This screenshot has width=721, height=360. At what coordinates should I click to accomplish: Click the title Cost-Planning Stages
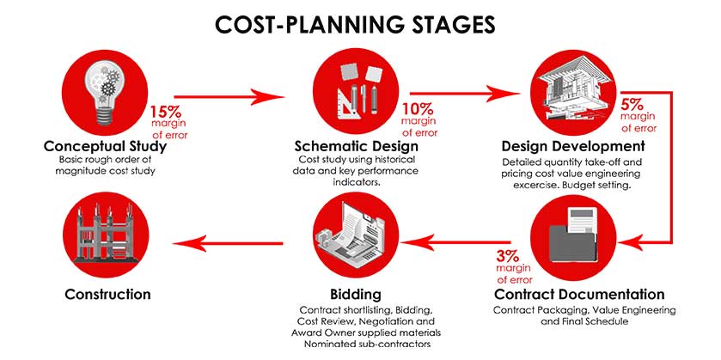355,24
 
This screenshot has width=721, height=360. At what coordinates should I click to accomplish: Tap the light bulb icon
105,93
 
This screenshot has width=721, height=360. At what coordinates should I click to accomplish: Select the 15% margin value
165,112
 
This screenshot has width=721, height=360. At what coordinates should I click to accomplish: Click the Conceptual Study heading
105,147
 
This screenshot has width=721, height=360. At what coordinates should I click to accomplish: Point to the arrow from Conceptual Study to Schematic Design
229,97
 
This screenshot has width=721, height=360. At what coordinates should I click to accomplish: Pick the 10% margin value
418,109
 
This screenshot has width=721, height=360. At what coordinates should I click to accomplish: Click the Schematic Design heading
357,147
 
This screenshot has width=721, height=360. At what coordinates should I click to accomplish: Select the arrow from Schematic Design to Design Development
465,94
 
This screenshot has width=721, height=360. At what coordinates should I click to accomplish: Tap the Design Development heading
573,147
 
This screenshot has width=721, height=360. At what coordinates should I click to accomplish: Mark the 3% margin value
507,256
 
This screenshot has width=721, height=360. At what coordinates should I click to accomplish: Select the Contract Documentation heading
579,294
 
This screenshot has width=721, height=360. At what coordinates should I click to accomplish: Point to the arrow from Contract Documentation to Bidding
455,242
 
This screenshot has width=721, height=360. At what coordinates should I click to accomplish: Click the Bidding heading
356,294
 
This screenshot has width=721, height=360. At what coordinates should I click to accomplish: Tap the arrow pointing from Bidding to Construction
228,243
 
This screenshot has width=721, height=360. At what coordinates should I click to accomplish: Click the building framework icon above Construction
106,235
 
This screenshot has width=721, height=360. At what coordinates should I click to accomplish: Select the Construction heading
107,294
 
